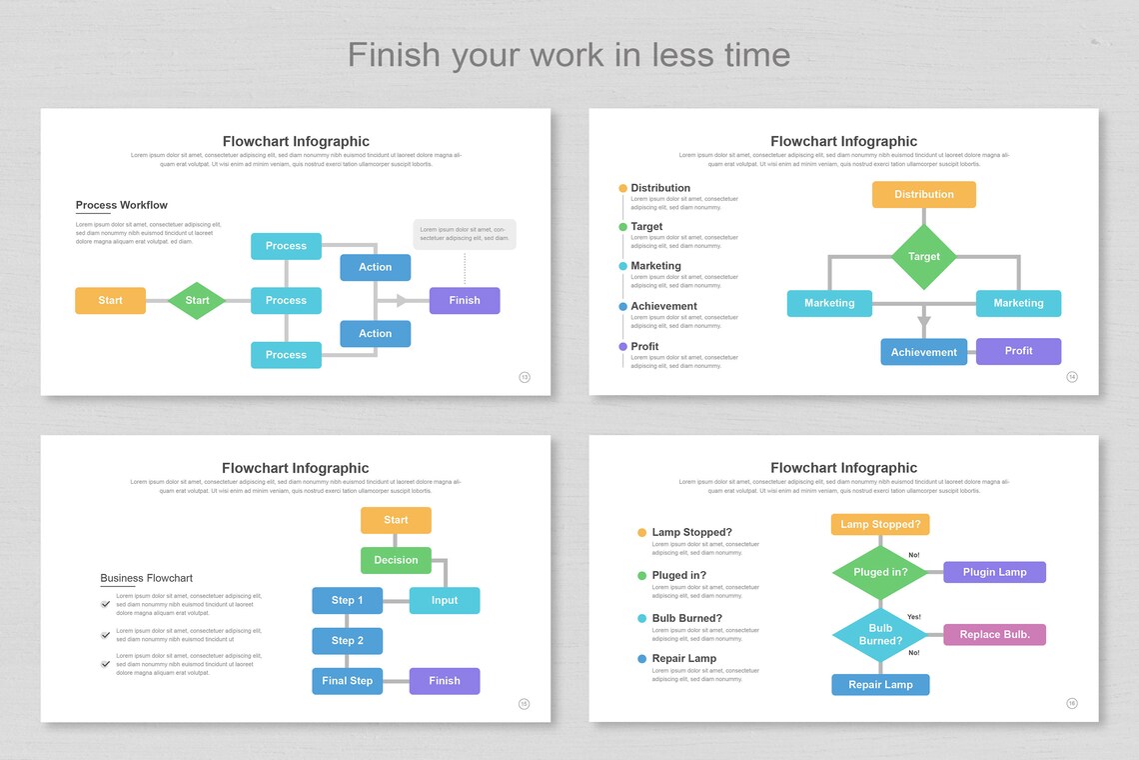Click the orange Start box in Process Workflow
pyautogui.click(x=110, y=300)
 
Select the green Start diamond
pyautogui.click(x=197, y=300)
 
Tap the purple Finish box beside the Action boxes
pyautogui.click(x=465, y=300)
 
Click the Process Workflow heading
pyautogui.click(x=122, y=205)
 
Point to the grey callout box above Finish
pyautogui.click(x=465, y=234)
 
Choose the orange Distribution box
pyautogui.click(x=924, y=194)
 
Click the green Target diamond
pyautogui.click(x=924, y=257)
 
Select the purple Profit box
pyautogui.click(x=1018, y=351)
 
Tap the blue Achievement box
pyautogui.click(x=924, y=352)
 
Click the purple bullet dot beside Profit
pyautogui.click(x=623, y=347)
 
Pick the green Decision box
pyautogui.click(x=396, y=560)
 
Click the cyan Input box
pyautogui.click(x=445, y=600)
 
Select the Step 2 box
pyautogui.click(x=347, y=640)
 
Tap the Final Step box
pyautogui.click(x=347, y=681)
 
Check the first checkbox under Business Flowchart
pyautogui.click(x=106, y=604)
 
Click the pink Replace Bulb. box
pyautogui.click(x=994, y=634)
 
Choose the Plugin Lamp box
pyautogui.click(x=994, y=572)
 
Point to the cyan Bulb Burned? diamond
pyautogui.click(x=880, y=635)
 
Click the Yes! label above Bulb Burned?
pyautogui.click(x=914, y=617)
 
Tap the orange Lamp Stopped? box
pyautogui.click(x=880, y=524)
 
